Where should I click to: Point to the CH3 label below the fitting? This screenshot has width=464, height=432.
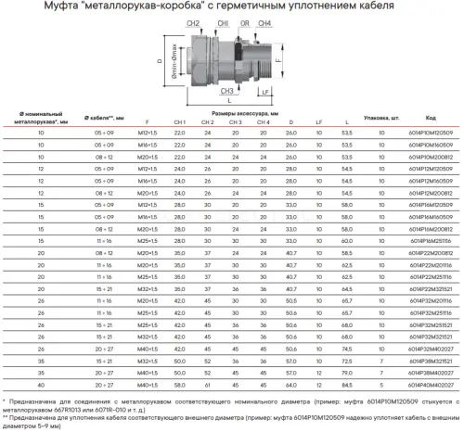pyautogui.click(x=226, y=92)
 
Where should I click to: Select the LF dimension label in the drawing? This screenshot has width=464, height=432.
pyautogui.click(x=265, y=92)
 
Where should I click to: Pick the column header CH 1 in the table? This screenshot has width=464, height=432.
pyautogui.click(x=180, y=122)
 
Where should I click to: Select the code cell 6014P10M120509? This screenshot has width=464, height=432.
pyautogui.click(x=432, y=133)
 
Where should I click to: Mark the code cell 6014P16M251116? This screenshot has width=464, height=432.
pyautogui.click(x=432, y=240)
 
